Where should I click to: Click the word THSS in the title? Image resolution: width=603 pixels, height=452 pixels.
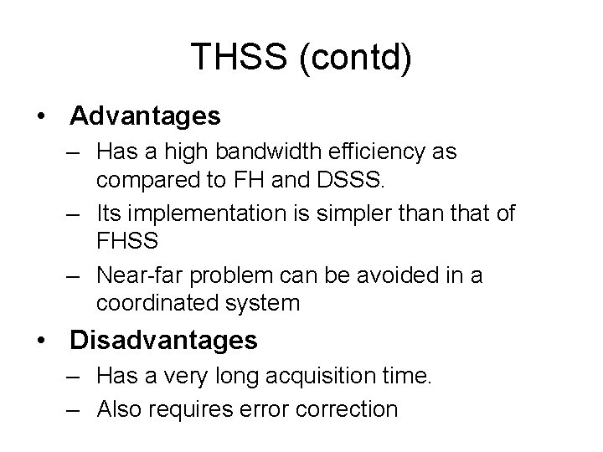244,58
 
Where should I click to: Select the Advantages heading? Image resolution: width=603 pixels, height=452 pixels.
145,116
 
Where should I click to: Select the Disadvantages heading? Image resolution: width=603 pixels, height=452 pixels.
164,340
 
